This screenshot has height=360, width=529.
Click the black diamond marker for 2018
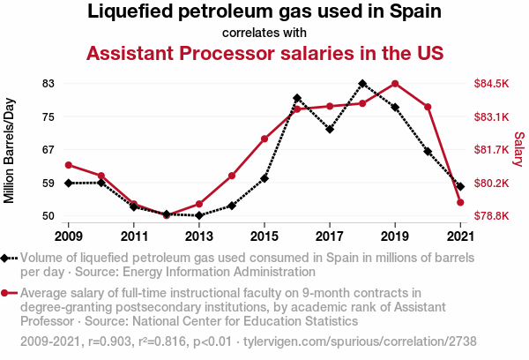tap(362, 84)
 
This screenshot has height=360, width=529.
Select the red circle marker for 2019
tap(395, 84)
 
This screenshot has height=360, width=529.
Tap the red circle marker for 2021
tap(460, 202)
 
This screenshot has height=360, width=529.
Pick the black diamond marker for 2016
tap(297, 98)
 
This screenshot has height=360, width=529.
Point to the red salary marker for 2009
tap(68, 165)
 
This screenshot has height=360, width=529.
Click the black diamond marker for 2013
tap(199, 215)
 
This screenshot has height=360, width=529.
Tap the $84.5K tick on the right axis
tap(492, 83)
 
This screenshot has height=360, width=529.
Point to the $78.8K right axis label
tap(492, 215)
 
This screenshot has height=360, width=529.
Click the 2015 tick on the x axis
tap(264, 236)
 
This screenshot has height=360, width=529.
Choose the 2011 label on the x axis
tap(133, 236)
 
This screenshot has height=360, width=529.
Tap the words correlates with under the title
tap(264, 34)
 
